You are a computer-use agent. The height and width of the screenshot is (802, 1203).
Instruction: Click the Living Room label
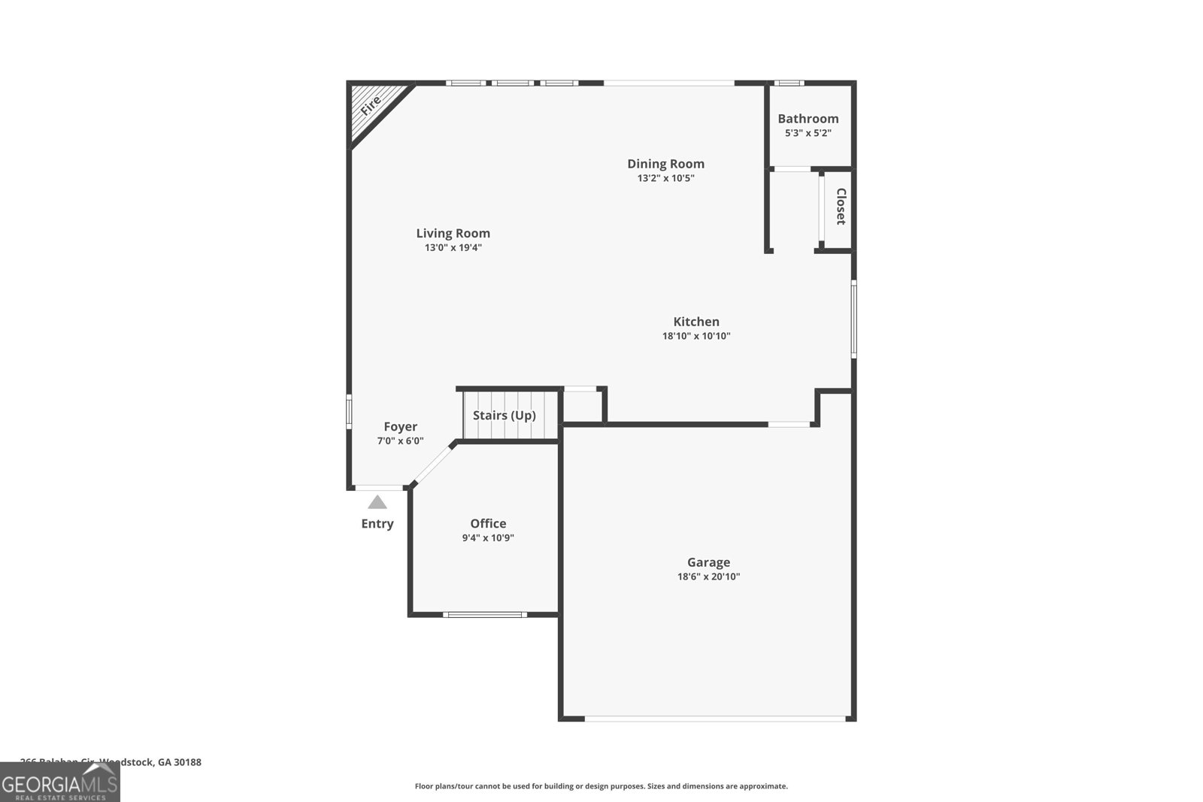coord(453,234)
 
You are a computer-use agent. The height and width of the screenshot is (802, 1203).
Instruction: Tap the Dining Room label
coord(665,164)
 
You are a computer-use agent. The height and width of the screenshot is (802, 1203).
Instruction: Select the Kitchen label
coord(696,322)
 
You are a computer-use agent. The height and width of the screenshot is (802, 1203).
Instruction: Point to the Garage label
coord(708,562)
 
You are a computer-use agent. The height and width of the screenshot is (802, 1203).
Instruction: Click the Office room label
coord(488,524)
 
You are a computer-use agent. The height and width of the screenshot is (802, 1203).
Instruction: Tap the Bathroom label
coord(808,119)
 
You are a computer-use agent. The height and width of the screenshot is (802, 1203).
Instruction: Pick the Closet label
coord(841,207)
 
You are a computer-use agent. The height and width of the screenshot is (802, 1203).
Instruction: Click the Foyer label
coord(400,427)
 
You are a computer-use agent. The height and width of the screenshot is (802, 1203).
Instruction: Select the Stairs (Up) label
coord(504,416)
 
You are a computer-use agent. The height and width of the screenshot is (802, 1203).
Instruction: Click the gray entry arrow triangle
coord(377,502)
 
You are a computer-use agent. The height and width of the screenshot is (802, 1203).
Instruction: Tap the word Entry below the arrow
coord(377,524)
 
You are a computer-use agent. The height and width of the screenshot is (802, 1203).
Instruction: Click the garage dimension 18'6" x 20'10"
coord(708,577)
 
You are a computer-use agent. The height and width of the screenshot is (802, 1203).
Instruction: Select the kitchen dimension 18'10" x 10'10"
coord(696,337)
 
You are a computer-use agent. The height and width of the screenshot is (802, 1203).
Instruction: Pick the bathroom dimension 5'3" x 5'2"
coord(808,134)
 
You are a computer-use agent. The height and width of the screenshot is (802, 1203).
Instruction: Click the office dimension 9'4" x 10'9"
coord(488,538)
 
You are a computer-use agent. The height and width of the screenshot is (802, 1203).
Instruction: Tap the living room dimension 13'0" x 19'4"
coord(453,248)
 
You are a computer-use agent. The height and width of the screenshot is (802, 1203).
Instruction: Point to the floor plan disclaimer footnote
coord(601,786)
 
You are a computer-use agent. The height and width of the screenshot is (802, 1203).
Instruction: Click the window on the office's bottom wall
coord(484,615)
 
